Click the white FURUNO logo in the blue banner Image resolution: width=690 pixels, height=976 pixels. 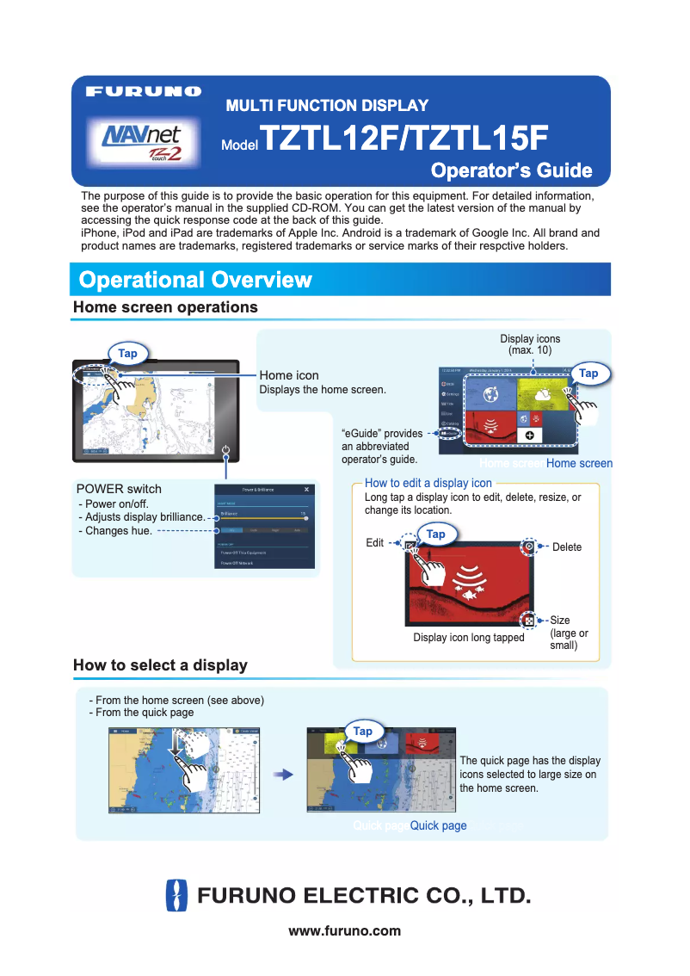click(x=144, y=90)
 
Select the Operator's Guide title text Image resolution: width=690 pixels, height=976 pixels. click(x=511, y=170)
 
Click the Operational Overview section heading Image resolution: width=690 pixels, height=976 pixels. click(x=195, y=280)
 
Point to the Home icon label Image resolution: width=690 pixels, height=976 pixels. click(x=289, y=375)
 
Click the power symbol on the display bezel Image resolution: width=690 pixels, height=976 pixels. click(x=225, y=449)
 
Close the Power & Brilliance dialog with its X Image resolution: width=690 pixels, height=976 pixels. click(x=307, y=489)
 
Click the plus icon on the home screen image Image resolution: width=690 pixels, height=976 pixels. click(x=529, y=435)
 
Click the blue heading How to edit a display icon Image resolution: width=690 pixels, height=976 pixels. click(x=428, y=483)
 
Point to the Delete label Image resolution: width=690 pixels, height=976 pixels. click(x=567, y=547)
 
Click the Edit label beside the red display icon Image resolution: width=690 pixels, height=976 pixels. click(x=375, y=543)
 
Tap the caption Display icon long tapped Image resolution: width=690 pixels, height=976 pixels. click(x=469, y=638)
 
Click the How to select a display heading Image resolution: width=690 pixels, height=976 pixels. click(x=160, y=665)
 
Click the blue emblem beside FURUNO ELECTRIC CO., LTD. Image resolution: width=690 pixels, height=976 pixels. click(x=176, y=895)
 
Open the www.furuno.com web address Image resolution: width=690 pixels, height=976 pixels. click(x=344, y=930)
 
